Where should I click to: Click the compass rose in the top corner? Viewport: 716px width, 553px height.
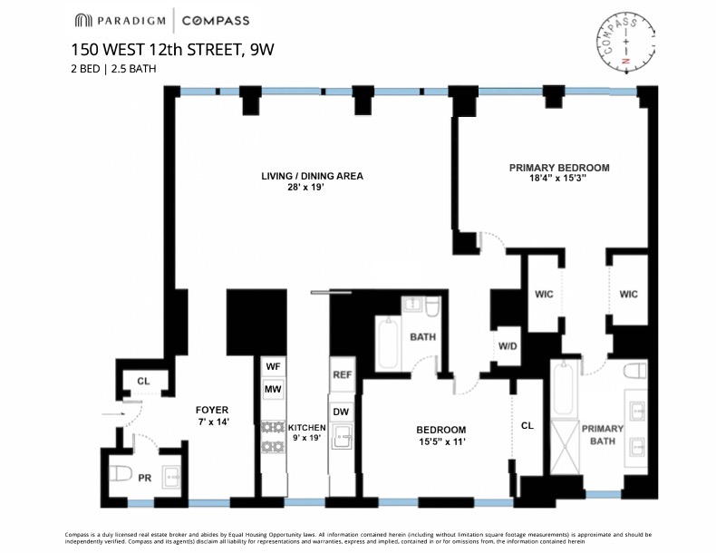[624, 42]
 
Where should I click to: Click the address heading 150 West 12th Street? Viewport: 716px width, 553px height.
[172, 50]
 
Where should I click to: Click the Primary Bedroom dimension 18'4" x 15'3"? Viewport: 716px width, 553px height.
[558, 178]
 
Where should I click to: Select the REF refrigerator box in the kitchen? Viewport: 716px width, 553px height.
[342, 374]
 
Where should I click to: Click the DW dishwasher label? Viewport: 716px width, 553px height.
[342, 411]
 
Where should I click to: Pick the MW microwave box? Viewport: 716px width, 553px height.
[272, 389]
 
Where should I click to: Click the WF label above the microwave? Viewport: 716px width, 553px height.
[272, 367]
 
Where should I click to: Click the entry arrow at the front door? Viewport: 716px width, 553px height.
[112, 414]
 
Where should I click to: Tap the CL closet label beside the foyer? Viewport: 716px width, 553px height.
[143, 382]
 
